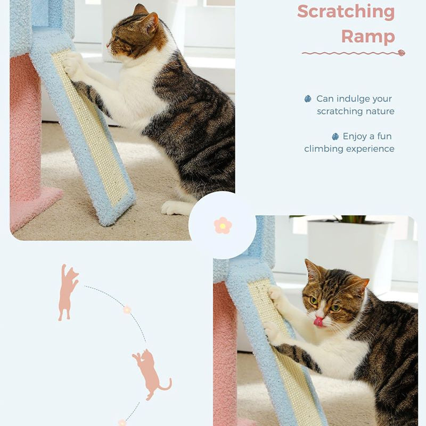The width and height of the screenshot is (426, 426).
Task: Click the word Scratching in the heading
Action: tap(346, 11)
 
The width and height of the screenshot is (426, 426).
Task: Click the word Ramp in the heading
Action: tap(368, 36)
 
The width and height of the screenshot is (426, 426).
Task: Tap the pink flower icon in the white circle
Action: tap(223, 225)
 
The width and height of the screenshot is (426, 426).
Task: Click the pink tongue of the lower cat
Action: tap(318, 321)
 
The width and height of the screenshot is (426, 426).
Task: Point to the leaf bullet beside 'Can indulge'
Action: tap(308, 99)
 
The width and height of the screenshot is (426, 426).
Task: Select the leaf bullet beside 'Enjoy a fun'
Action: tap(335, 136)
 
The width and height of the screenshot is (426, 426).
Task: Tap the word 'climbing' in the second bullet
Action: tap(324, 149)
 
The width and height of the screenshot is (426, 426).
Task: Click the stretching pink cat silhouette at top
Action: tap(67, 292)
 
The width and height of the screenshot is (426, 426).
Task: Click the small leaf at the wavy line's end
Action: tap(401, 53)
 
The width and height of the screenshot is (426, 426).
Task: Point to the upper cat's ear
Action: tap(150, 21)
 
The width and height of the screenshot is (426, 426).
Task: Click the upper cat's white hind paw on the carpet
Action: tap(172, 208)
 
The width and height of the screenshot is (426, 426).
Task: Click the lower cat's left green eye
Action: tap(315, 300)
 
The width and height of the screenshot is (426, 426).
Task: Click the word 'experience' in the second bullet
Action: tap(371, 149)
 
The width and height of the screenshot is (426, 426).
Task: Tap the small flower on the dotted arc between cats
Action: tap(127, 309)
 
